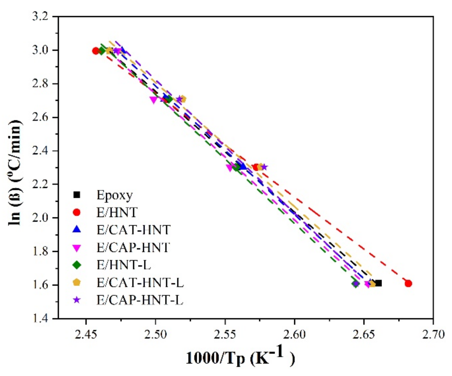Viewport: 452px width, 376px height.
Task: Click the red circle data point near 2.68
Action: pos(408,283)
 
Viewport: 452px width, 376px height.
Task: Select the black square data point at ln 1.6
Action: pos(379,283)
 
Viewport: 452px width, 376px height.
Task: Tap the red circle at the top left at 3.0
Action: pos(96,51)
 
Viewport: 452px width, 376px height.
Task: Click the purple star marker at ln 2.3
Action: pos(264,167)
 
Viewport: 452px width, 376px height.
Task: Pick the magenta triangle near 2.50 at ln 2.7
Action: pos(154,100)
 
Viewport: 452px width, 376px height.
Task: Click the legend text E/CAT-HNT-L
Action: pos(140,283)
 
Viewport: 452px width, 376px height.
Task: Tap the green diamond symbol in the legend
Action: pos(77,265)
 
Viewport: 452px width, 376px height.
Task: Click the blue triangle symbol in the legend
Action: pos(77,230)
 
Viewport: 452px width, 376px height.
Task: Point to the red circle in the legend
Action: pos(77,212)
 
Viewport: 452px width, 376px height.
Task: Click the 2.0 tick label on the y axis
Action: pos(40,218)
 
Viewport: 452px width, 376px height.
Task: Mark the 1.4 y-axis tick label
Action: pos(40,318)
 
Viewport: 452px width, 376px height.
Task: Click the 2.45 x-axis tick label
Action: pos(86,335)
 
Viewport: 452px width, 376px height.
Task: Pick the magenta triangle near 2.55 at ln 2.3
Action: pos(230,168)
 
